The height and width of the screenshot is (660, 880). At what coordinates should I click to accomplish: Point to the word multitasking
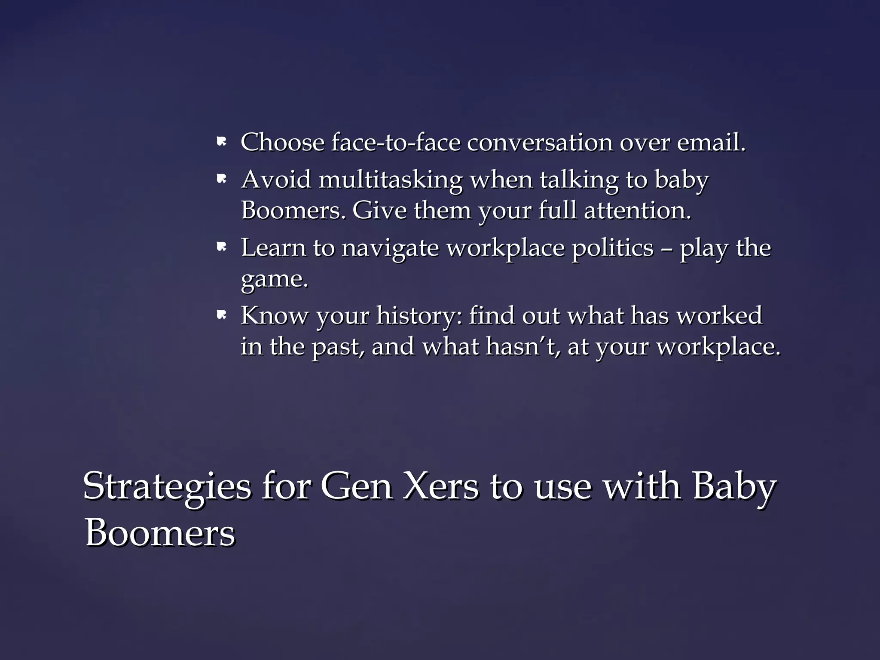pos(391,180)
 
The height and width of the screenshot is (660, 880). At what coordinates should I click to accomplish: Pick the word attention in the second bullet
pos(637,211)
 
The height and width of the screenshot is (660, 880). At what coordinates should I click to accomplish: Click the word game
pos(274,280)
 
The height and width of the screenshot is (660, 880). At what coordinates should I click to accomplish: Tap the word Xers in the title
pos(440,486)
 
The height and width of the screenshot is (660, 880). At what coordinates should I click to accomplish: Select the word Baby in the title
pos(734,487)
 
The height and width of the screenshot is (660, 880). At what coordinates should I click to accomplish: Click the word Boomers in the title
pos(160,533)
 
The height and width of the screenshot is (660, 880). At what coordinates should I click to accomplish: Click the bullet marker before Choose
pos(222,142)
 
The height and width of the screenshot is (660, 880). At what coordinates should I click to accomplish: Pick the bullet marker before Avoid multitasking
pos(222,179)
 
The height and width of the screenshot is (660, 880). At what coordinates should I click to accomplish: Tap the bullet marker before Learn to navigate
pos(222,247)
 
